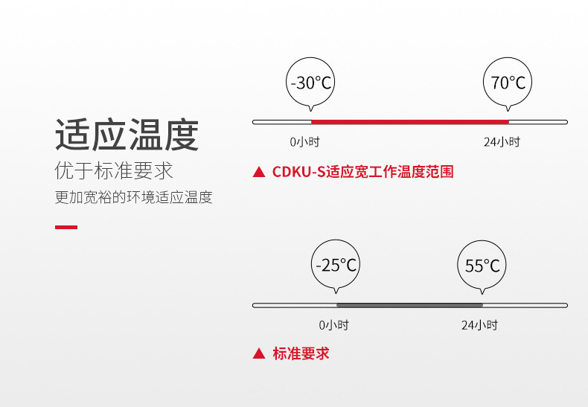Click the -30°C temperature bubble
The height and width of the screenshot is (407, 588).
[x=310, y=83]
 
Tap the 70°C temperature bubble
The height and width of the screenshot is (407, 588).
[x=508, y=83]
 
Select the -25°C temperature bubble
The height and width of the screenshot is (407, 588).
[x=336, y=265]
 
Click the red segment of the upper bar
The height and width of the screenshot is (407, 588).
[x=409, y=121]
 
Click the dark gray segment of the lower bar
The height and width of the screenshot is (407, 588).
[x=409, y=305]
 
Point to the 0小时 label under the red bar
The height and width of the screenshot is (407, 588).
[x=304, y=141]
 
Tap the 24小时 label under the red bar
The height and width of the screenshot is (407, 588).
[x=502, y=141]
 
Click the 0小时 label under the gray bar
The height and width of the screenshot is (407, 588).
[x=333, y=325]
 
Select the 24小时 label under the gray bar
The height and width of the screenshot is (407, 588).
[x=479, y=325]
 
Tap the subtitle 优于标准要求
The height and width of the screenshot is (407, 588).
[x=114, y=170]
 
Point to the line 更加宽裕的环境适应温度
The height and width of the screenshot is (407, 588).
[x=134, y=198]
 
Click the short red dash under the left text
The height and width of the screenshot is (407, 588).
[x=66, y=227]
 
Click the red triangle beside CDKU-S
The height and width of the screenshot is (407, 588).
[x=259, y=173]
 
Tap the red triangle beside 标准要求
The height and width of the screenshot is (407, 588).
[x=259, y=354]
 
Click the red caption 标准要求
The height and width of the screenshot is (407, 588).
[x=301, y=354]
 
